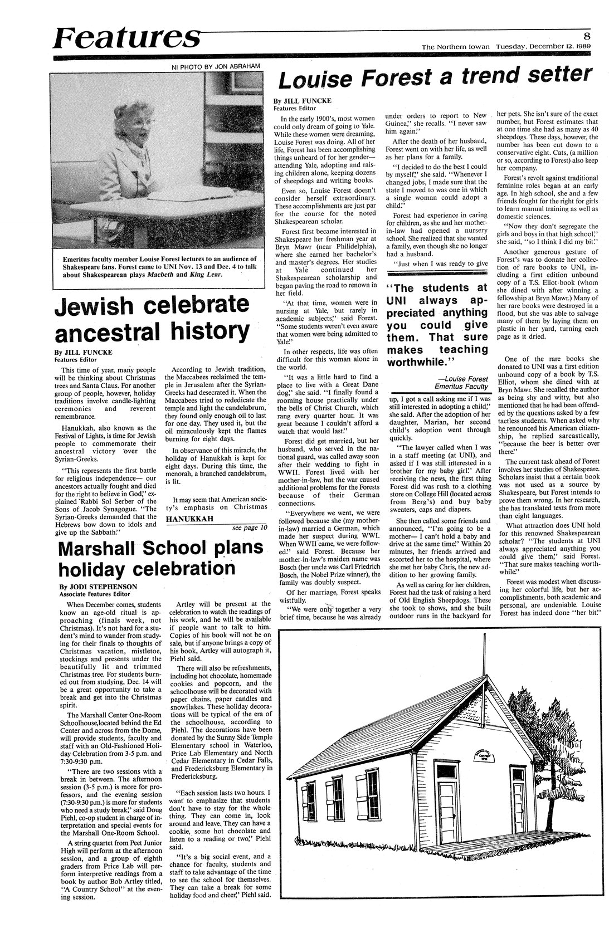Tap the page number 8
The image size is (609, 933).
587,34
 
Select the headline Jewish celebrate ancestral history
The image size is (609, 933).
152,319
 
